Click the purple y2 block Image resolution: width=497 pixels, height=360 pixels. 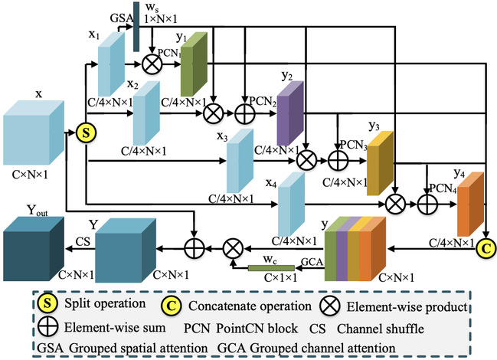tap(289, 111)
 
